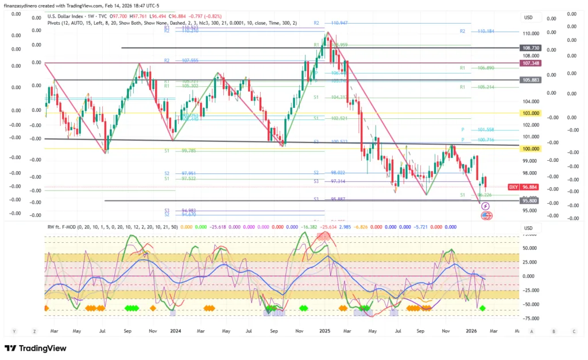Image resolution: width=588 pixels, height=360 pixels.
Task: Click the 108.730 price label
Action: click(x=530, y=48)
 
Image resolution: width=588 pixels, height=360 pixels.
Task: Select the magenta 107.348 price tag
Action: click(x=530, y=63)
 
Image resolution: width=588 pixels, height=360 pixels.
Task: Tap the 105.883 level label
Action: click(x=530, y=80)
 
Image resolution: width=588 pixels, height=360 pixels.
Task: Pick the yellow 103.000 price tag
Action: click(x=530, y=114)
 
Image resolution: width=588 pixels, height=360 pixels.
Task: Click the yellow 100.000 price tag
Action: click(x=530, y=149)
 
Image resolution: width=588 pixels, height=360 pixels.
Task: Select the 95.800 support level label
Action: click(x=529, y=201)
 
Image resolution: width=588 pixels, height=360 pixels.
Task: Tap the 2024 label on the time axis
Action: click(x=176, y=331)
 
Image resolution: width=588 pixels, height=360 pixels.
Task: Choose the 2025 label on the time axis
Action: click(x=325, y=331)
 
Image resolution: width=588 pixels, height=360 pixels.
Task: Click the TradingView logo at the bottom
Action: click(x=36, y=349)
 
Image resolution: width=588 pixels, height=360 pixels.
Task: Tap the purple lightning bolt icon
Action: click(x=486, y=206)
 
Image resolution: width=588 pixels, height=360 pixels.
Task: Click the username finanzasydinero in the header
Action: click(x=22, y=5)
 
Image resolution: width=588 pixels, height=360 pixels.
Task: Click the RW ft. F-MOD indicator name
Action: click(x=64, y=227)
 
